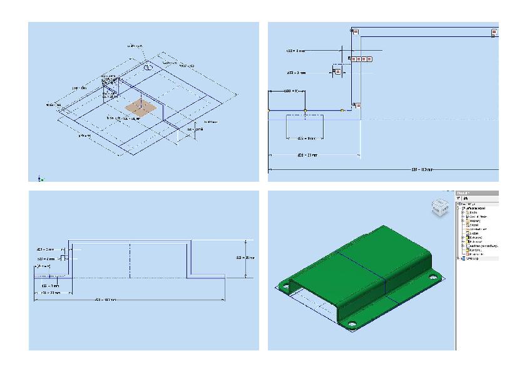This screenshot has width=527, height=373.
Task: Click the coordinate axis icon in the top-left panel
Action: [x=39, y=178]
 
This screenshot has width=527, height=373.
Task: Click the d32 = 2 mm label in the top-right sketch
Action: [x=296, y=50]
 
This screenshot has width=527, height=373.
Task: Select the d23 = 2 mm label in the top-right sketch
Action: [x=296, y=73]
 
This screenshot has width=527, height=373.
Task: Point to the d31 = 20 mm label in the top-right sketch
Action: [x=308, y=154]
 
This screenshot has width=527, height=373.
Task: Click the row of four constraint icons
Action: [x=361, y=58]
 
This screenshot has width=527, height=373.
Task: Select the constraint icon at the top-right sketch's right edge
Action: [x=494, y=32]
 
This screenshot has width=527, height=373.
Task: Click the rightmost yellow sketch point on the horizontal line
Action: [x=342, y=110]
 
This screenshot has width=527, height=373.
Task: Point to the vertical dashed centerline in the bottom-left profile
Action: [x=130, y=260]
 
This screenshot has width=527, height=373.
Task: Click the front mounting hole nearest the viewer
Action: [x=352, y=324]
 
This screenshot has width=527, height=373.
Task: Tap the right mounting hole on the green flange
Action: [x=432, y=276]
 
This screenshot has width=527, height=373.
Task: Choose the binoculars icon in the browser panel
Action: [x=467, y=198]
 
